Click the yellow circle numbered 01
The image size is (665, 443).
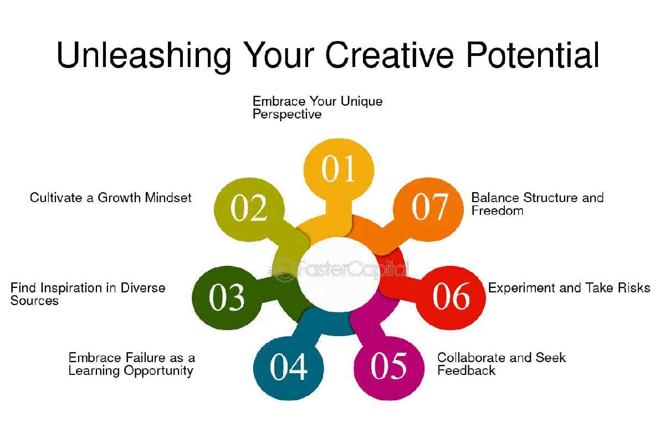[x=339, y=169]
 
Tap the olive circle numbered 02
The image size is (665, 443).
[x=249, y=209]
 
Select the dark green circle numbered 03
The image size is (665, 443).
[x=227, y=297]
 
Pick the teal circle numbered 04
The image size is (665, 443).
[x=289, y=368]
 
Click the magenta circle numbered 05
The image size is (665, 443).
[x=389, y=368]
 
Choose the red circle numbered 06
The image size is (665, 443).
[x=451, y=297]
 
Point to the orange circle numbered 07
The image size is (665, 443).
[x=428, y=209]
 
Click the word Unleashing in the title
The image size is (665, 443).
[x=144, y=56]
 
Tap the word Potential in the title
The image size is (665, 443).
[x=533, y=55]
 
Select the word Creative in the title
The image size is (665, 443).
[x=390, y=55]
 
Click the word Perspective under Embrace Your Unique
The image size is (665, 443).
[x=287, y=114]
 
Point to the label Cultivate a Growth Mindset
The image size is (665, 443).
[x=110, y=198]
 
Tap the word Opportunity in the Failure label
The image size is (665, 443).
[x=158, y=371]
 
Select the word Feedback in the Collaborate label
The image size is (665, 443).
[x=467, y=370]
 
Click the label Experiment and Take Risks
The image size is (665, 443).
[x=569, y=288]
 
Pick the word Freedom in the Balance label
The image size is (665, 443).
[x=497, y=210]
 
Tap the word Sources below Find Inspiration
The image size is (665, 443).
[x=34, y=301]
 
